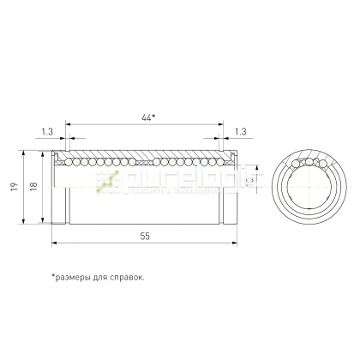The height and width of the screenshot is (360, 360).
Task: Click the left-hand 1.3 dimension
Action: coord(45,131)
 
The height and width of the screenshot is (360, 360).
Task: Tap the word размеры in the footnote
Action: coord(77,277)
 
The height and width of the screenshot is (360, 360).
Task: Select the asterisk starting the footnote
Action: coord(53,275)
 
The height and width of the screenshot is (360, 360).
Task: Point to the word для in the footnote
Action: coord(105,277)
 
